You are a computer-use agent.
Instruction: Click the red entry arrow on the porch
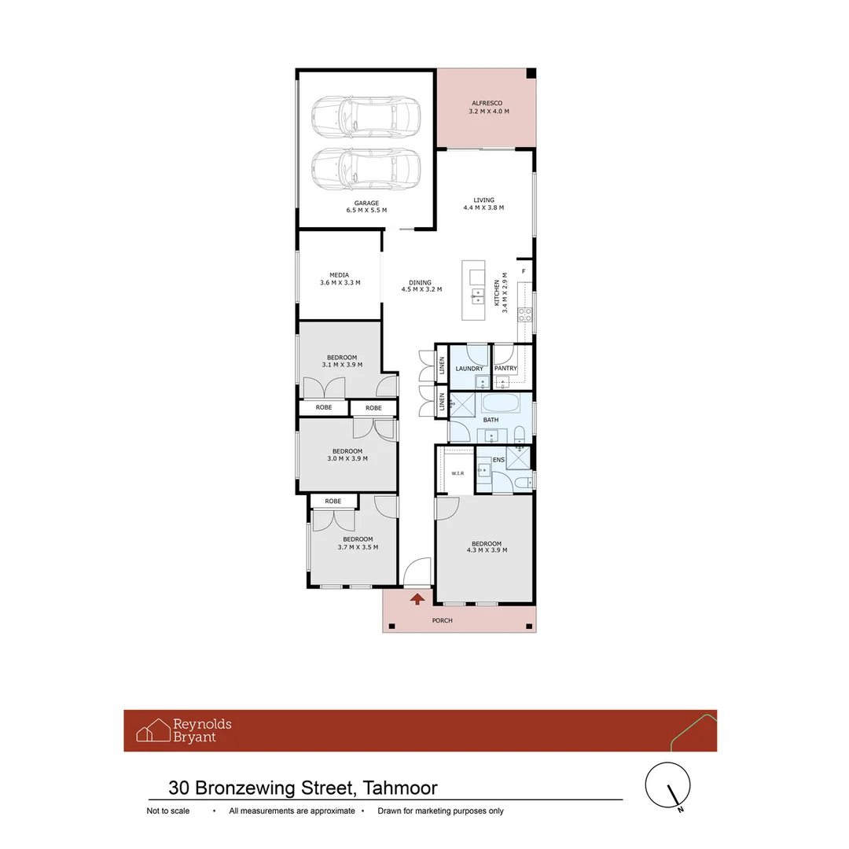point(417,599)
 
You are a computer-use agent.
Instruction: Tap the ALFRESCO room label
point(487,103)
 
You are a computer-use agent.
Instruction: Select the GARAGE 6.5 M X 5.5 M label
point(366,207)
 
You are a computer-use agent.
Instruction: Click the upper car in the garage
point(366,116)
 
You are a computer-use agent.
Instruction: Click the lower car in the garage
point(366,168)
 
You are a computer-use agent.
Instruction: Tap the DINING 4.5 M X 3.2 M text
point(421,286)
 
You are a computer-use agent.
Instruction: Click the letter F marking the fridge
point(524,271)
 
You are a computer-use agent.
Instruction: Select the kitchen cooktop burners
point(525,314)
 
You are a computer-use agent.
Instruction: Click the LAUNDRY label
point(469,369)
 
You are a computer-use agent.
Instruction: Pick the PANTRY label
point(505,368)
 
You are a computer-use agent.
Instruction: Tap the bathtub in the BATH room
point(501,402)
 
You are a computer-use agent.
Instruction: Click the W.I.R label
point(458,473)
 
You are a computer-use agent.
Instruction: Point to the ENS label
point(498,460)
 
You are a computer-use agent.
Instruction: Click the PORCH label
point(443,620)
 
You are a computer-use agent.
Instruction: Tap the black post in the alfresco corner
point(531,73)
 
